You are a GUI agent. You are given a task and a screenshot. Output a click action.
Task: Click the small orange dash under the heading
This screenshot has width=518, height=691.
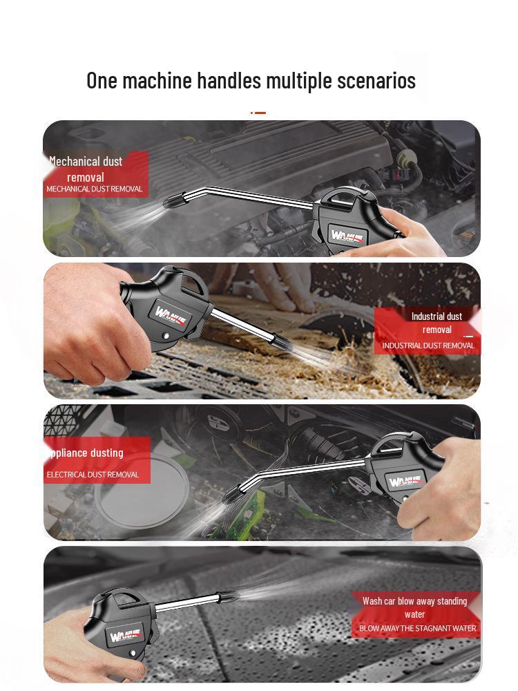click(x=259, y=113)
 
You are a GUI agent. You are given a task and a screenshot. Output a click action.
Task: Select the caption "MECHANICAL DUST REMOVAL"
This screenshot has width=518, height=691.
click(x=94, y=189)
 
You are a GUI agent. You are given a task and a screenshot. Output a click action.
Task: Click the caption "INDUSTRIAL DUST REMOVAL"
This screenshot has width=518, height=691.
click(x=428, y=345)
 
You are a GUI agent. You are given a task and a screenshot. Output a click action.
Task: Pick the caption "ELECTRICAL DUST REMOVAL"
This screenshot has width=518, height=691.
click(x=93, y=475)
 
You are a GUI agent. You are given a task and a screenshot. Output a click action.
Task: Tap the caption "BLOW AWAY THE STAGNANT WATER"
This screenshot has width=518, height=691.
click(x=417, y=629)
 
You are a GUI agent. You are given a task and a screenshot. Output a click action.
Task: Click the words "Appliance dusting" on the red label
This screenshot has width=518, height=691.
click(x=86, y=453)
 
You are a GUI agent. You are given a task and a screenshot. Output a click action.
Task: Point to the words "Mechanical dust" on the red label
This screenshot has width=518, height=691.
click(x=86, y=162)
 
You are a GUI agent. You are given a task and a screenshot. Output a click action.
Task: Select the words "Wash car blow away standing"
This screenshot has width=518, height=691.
click(x=414, y=601)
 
